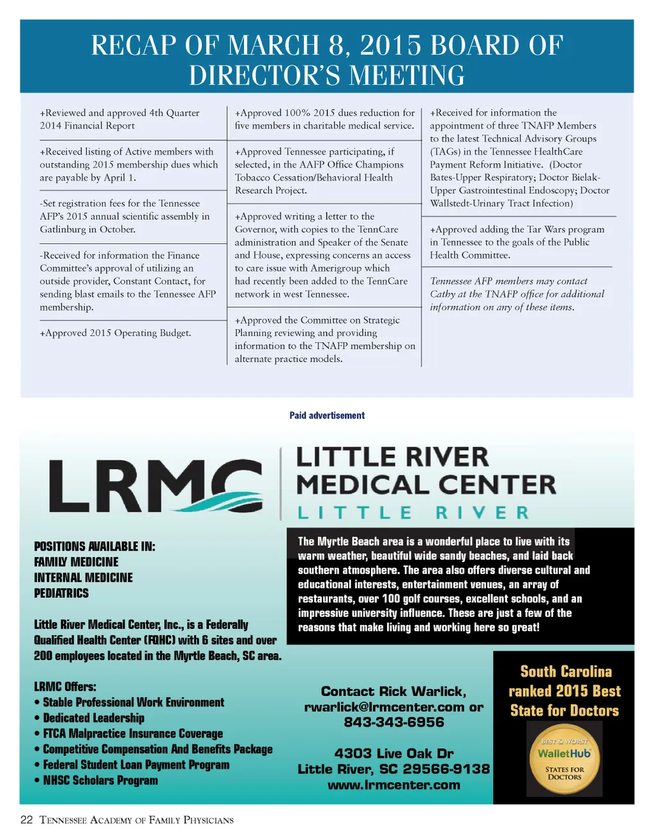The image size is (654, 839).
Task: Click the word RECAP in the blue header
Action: coord(133,45)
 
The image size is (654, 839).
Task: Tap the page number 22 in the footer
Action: coord(26,820)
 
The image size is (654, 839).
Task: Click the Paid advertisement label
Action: coord(327,416)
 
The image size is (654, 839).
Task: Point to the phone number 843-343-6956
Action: coord(393,722)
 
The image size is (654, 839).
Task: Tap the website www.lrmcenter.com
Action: coord(393,785)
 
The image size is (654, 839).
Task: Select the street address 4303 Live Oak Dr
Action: coord(393,753)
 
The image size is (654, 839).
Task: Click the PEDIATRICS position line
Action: coord(61,593)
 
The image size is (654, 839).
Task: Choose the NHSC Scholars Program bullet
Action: coord(100,780)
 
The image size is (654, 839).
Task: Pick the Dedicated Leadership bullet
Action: coord(94,718)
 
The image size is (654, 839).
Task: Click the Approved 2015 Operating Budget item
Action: coord(116,333)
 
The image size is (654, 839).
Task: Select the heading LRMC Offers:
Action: coord(65,686)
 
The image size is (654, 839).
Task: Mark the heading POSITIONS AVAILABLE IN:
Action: coord(95,547)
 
